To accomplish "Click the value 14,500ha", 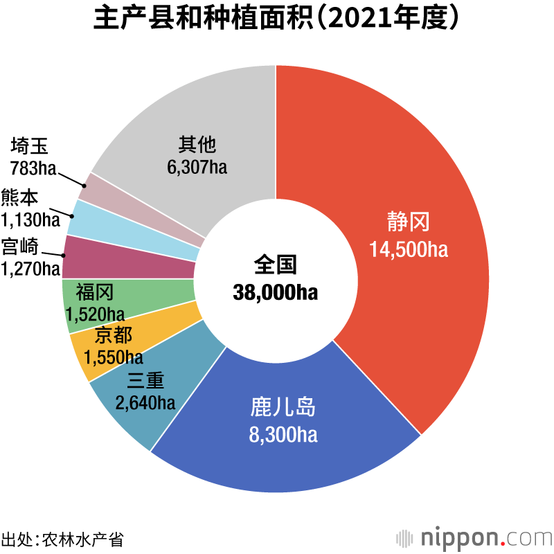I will (409, 249).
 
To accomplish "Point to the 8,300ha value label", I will (283, 435).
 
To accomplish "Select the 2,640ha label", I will (145, 402).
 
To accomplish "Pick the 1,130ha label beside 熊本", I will (30, 220).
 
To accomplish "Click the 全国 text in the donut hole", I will (276, 265).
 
